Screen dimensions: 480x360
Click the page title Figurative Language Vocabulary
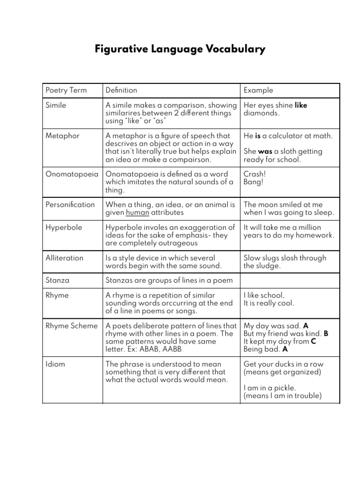pyautogui.click(x=180, y=49)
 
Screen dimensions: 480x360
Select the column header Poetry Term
pyautogui.click(x=66, y=90)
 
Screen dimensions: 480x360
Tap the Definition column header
pyautogui.click(x=121, y=90)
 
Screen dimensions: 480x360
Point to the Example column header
pyautogui.click(x=258, y=90)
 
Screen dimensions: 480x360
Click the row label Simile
pyautogui.click(x=56, y=105)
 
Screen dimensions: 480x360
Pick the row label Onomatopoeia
pyautogui.click(x=72, y=174)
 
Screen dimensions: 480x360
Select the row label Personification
pyautogui.click(x=70, y=204)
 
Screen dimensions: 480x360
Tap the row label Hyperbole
pyautogui.click(x=64, y=227)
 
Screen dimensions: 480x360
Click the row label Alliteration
pyautogui.click(x=64, y=258)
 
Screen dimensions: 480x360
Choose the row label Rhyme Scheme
pyautogui.click(x=71, y=326)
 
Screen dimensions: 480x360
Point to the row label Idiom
pyautogui.click(x=55, y=364)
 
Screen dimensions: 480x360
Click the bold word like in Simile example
pyautogui.click(x=301, y=105)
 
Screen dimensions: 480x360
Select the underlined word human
pyautogui.click(x=137, y=212)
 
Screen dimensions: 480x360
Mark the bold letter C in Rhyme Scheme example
pyautogui.click(x=313, y=342)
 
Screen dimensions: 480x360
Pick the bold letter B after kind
pyautogui.click(x=326, y=334)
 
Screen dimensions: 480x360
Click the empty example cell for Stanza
pyautogui.click(x=290, y=280)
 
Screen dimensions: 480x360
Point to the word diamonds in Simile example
pyautogui.click(x=261, y=113)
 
